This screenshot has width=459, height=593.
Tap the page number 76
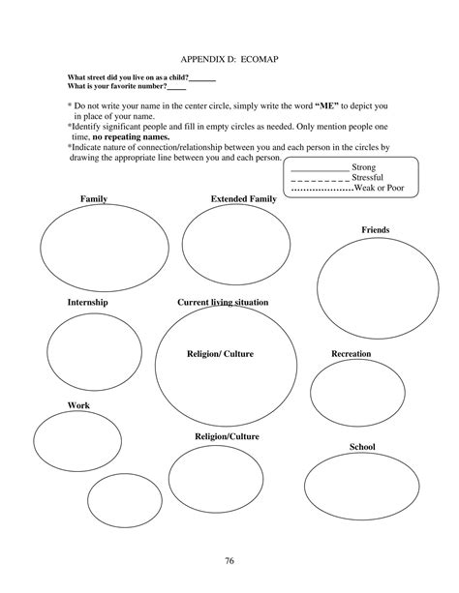coord(229,561)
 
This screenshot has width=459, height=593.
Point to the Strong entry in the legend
coord(364,167)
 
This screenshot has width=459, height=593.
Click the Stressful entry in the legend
coord(367,178)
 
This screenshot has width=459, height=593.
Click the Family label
coord(94,198)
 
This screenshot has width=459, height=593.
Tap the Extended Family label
coord(243,198)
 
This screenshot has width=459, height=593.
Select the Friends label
coord(375,229)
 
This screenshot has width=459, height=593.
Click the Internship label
coord(87,303)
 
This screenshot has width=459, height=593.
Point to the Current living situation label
coord(223,303)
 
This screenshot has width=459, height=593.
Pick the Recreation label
coord(351,354)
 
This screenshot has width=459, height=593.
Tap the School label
coord(361,447)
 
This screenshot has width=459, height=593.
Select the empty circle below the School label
coord(361,489)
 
